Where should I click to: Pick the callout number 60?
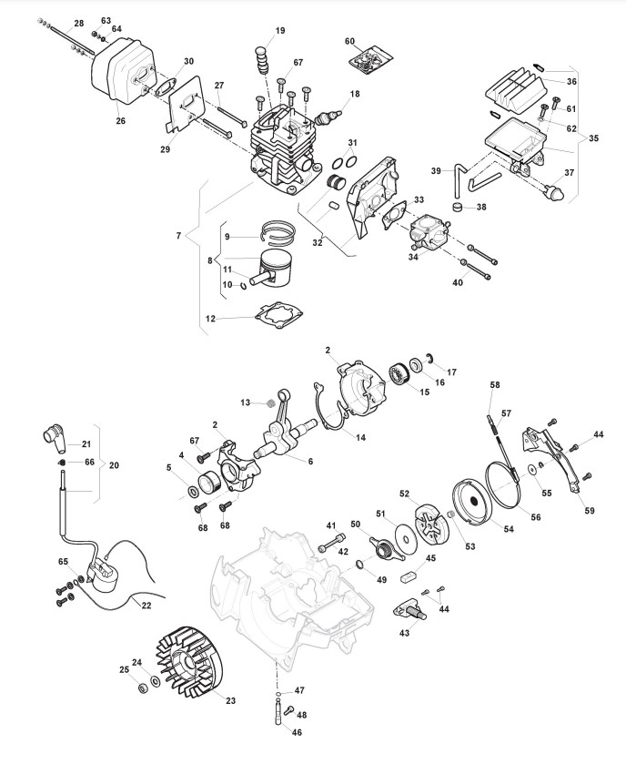click(x=350, y=41)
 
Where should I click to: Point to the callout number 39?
click(x=437, y=170)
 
